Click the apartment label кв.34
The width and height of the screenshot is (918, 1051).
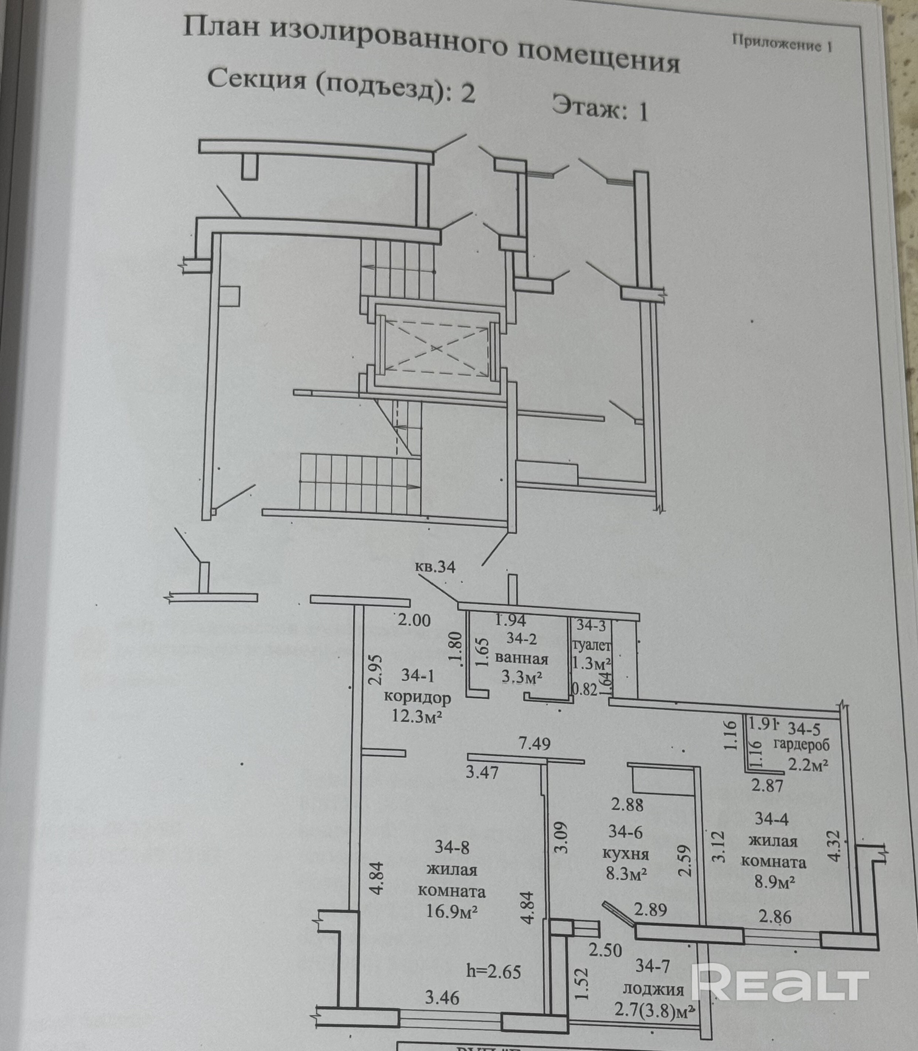coord(435,567)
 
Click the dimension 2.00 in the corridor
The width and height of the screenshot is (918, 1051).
coord(414,621)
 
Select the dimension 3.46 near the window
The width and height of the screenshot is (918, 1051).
coord(442,997)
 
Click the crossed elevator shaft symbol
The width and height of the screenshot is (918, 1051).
coord(435,348)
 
